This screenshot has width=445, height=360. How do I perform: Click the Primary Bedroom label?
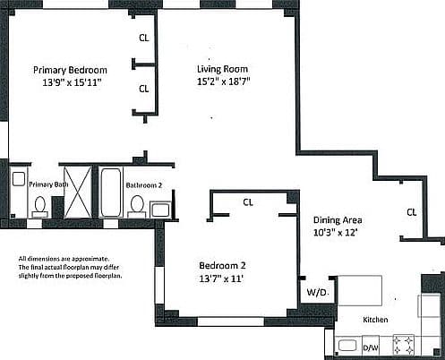coord(70,70)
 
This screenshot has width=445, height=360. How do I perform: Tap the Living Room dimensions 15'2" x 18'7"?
coord(223,81)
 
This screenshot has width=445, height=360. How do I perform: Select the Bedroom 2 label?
coord(222,265)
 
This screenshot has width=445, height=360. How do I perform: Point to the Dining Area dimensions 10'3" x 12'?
coord(335,233)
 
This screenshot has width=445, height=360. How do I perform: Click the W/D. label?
coord(318,292)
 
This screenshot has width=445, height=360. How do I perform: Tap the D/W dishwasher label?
coord(371,347)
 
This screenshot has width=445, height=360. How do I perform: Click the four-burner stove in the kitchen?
coord(403,345)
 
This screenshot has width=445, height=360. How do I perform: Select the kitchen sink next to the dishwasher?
coord(347,346)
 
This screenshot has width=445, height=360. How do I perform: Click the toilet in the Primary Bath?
coord(39,207)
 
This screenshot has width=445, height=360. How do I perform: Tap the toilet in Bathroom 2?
coord(137,206)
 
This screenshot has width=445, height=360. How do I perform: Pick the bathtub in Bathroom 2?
coord(111,193)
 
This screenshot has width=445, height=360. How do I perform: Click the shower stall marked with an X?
coord(78,192)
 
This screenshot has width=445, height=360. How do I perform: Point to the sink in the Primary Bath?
coord(19,179)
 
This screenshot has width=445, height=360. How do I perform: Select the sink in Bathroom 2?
coord(160,210)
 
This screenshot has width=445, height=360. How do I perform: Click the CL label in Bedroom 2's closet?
coord(248,202)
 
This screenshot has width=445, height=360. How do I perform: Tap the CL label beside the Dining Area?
coord(412,212)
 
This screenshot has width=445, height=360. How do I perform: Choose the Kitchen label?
coord(375,320)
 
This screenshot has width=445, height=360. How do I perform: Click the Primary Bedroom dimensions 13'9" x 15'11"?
coord(71,82)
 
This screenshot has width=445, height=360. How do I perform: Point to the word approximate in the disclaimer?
coord(90,259)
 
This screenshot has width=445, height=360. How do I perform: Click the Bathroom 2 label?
coord(144,185)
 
